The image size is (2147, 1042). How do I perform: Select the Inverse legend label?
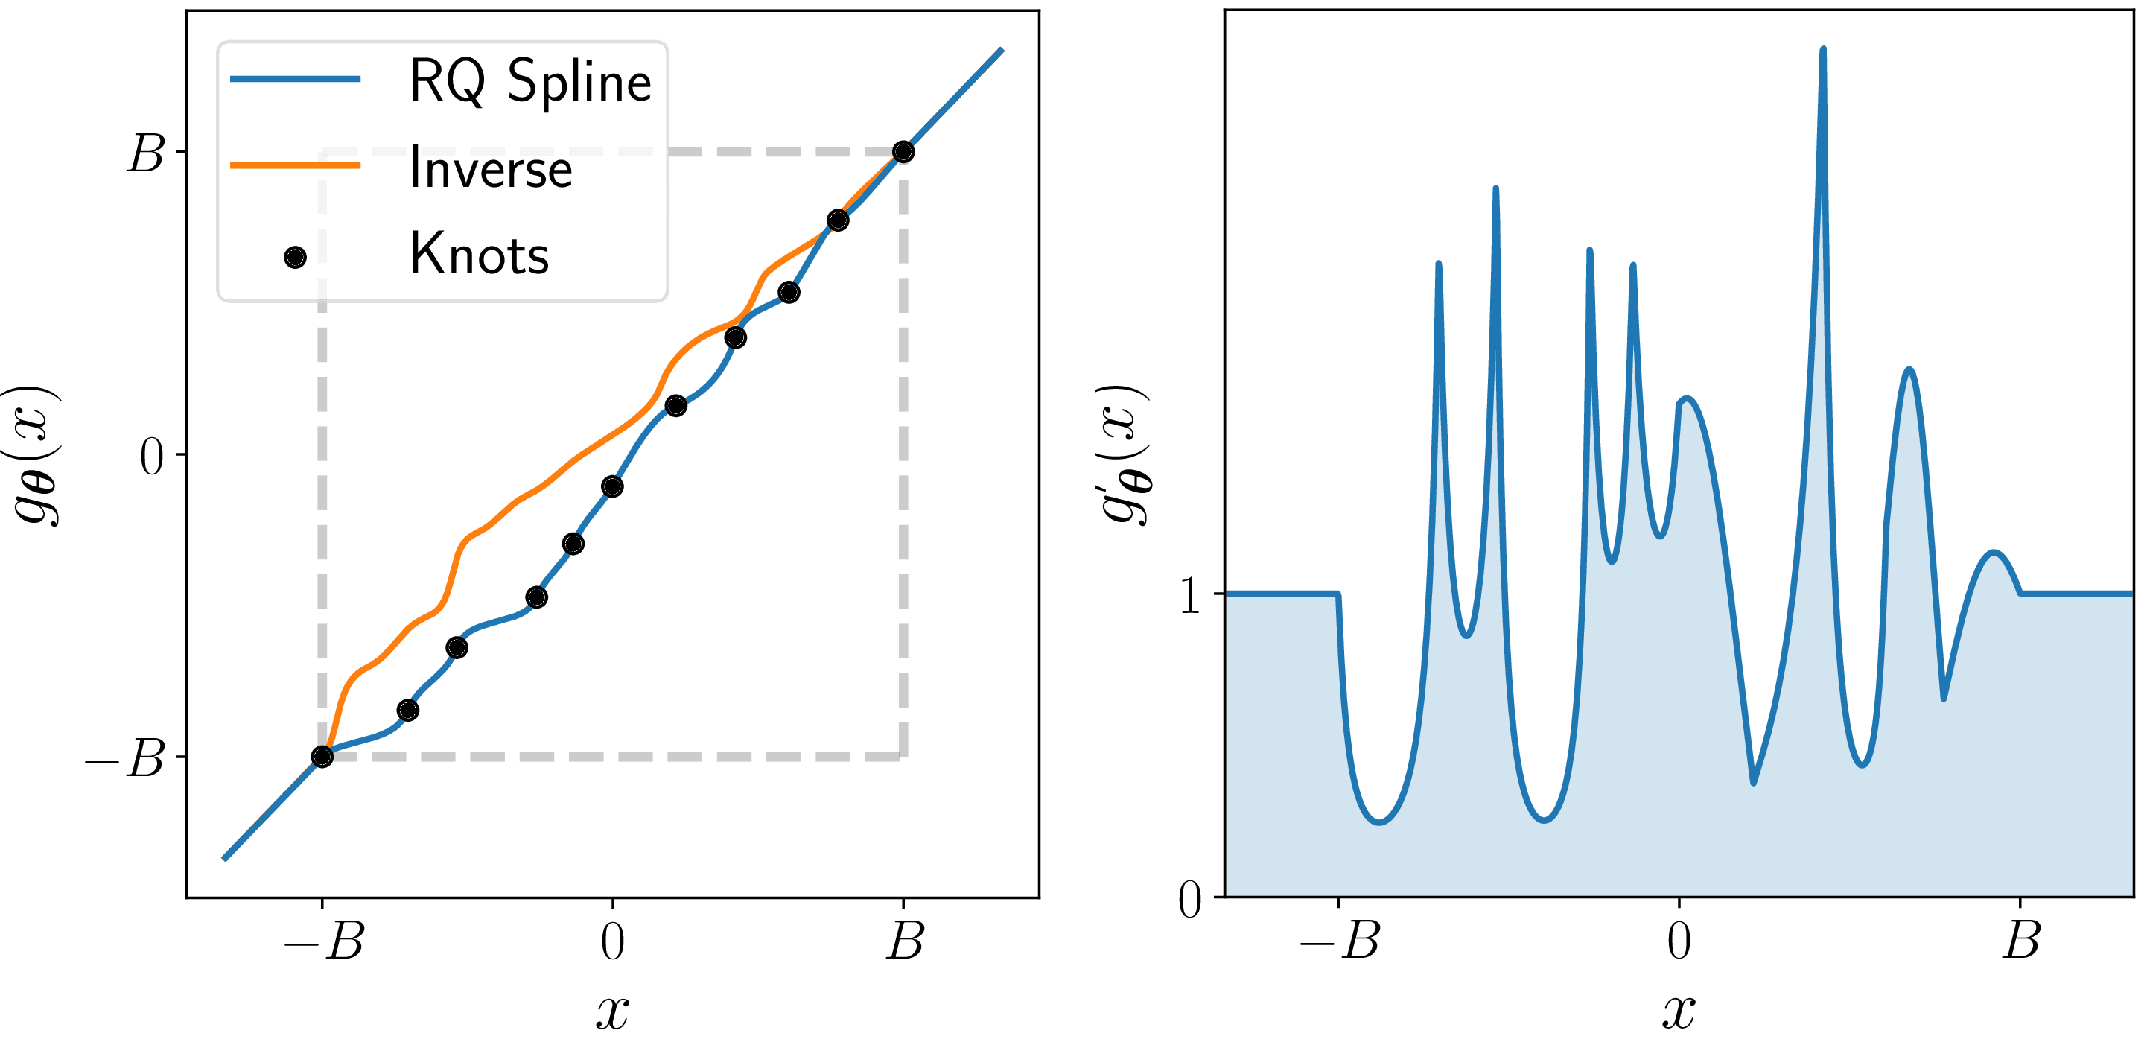pyautogui.click(x=491, y=168)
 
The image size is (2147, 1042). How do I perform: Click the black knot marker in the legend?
pyautogui.click(x=295, y=258)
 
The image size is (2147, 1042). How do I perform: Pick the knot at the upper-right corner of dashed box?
pyautogui.click(x=903, y=152)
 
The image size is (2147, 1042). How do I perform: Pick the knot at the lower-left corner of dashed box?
pyautogui.click(x=322, y=756)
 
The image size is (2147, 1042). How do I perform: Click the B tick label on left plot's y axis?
pyautogui.click(x=146, y=154)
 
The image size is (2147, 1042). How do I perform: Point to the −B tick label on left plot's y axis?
pyautogui.click(x=125, y=758)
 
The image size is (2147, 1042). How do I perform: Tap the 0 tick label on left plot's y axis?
pyautogui.click(x=152, y=456)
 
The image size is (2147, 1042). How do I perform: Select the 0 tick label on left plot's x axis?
pyautogui.click(x=613, y=942)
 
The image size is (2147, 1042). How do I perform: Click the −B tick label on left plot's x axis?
pyautogui.click(x=323, y=942)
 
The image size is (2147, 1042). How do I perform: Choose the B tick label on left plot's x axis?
pyautogui.click(x=905, y=942)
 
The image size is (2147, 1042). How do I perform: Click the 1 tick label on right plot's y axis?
pyautogui.click(x=1190, y=596)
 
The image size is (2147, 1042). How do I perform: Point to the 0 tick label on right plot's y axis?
pyautogui.click(x=1190, y=900)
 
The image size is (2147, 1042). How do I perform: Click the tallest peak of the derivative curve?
pyautogui.click(x=1823, y=50)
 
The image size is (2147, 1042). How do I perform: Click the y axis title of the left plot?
pyautogui.click(x=35, y=455)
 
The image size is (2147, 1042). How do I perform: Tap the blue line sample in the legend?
pyautogui.click(x=295, y=79)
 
